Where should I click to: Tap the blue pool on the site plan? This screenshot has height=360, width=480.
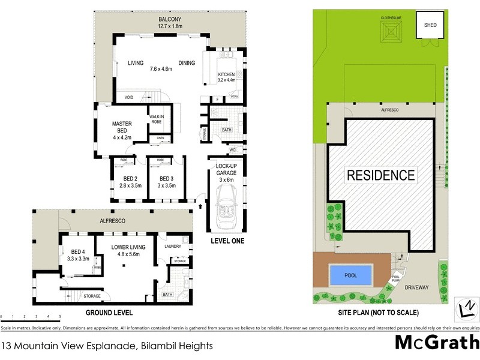click(350, 275)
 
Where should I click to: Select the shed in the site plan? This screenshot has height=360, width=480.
click(430, 25)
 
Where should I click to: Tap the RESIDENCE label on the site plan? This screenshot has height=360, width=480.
click(380, 175)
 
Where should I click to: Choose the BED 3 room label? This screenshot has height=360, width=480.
click(167, 182)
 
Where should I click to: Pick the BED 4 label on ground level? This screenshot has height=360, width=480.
click(79, 255)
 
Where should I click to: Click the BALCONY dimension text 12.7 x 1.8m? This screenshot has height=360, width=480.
click(169, 26)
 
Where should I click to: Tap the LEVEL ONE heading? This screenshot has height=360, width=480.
click(227, 241)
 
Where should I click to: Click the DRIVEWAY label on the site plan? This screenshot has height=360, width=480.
click(420, 287)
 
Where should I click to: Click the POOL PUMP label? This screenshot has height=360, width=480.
click(396, 279)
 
